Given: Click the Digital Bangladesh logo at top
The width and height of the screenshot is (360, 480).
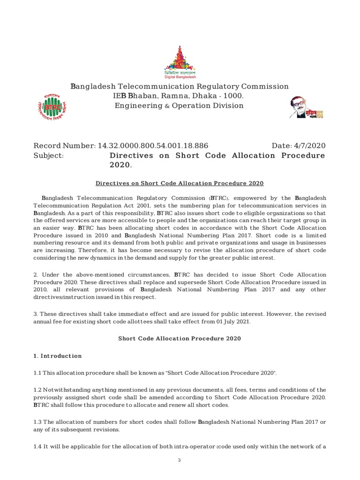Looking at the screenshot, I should point(180,62).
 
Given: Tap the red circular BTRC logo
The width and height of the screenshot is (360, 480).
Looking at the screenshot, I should point(52,107).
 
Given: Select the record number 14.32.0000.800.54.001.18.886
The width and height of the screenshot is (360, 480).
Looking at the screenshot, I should point(152,146).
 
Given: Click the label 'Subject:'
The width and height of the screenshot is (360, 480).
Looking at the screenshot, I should point(48,156).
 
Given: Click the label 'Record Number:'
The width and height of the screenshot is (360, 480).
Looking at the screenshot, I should point(64,146).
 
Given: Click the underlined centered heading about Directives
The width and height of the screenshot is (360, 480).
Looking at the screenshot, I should point(180,183).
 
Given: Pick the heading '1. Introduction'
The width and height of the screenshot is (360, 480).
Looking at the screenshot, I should point(57,356).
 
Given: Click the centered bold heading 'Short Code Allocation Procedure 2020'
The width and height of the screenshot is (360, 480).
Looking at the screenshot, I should point(180,338).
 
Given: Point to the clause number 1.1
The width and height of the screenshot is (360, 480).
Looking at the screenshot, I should point(37,373).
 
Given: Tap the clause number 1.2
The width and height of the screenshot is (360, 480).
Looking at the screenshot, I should point(37,390).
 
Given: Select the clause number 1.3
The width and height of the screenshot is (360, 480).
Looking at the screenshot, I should point(37,422).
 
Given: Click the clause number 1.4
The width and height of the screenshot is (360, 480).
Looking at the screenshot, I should point(37,446).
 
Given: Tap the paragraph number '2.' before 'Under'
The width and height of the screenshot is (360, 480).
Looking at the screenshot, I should point(36,274).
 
